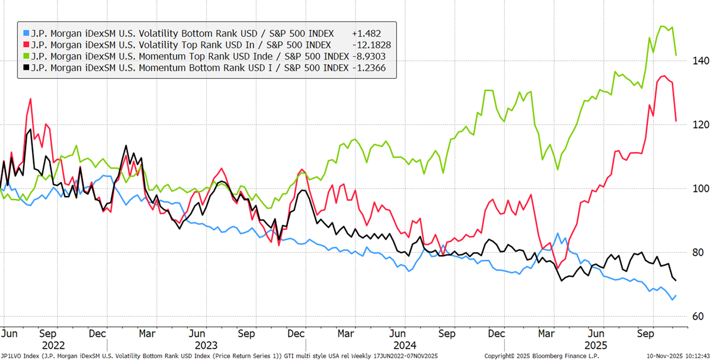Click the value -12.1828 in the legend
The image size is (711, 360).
(370, 45)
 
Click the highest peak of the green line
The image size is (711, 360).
(662, 26)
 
